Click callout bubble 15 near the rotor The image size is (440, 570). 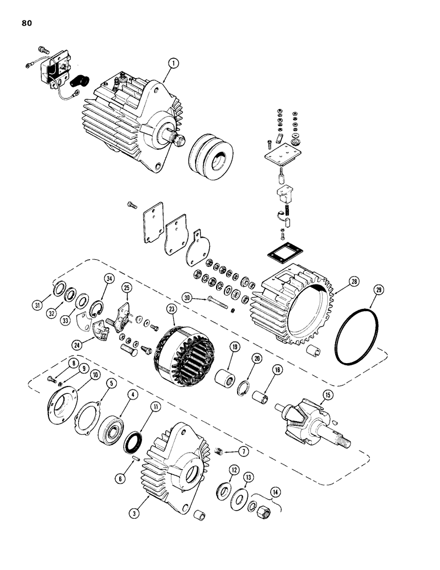pyautogui.click(x=328, y=394)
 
